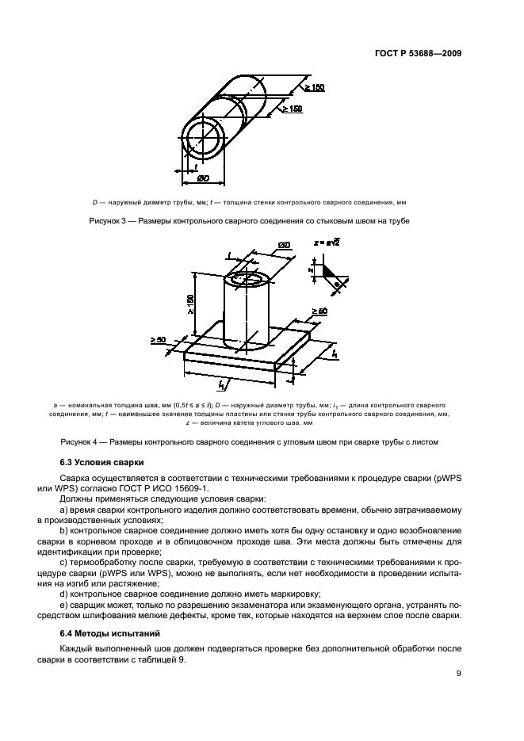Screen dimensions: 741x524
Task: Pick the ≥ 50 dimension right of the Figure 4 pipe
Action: point(319,311)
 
